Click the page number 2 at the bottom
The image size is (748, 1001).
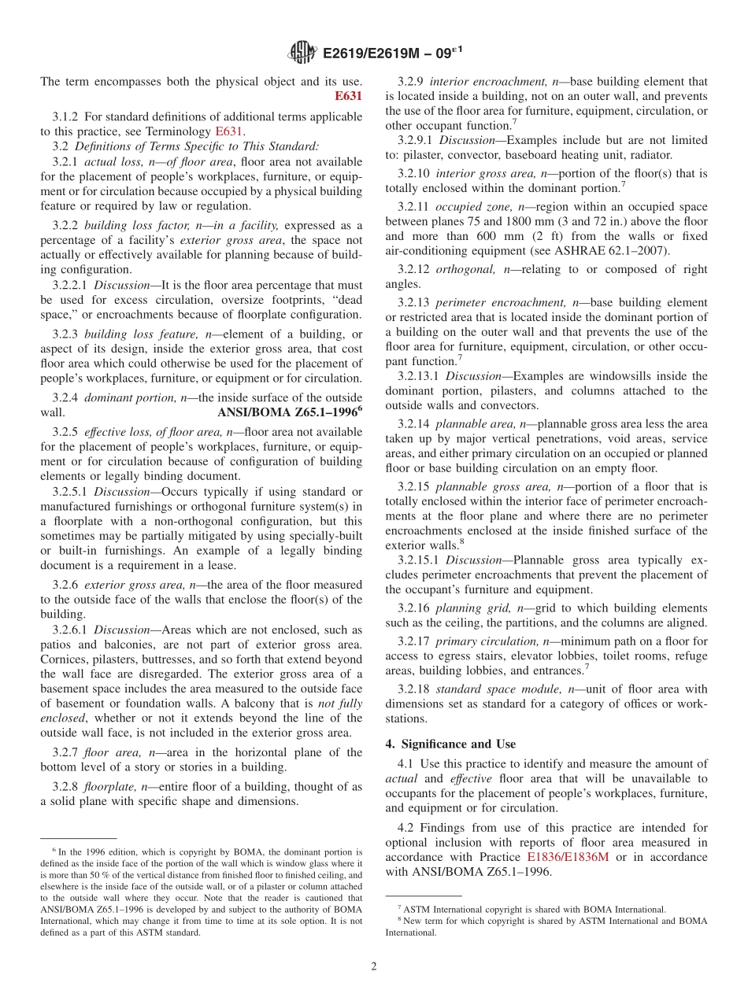[x=374, y=966]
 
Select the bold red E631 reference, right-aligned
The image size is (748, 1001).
[x=349, y=96]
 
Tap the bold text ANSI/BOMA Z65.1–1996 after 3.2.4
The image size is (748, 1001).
[x=287, y=412]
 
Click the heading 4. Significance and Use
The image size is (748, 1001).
[x=450, y=744]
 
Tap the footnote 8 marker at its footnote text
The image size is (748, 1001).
[x=399, y=919]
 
